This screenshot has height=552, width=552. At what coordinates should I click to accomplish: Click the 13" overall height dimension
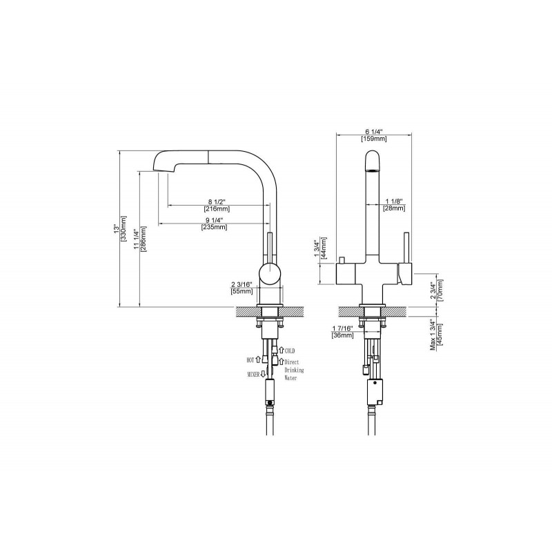115,229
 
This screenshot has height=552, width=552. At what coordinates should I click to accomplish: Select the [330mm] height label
124,229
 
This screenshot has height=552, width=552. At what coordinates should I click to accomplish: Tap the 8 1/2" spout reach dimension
217,201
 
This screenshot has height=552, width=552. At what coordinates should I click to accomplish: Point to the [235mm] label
214,227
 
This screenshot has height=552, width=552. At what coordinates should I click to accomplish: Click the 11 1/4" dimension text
136,239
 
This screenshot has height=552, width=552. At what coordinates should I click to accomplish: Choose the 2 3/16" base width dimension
242,284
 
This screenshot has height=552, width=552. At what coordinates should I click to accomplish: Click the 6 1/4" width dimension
373,132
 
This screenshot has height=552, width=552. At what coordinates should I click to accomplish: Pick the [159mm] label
373,139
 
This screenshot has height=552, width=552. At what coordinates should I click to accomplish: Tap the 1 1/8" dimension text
394,201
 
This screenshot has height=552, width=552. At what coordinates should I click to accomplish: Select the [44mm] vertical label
324,248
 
